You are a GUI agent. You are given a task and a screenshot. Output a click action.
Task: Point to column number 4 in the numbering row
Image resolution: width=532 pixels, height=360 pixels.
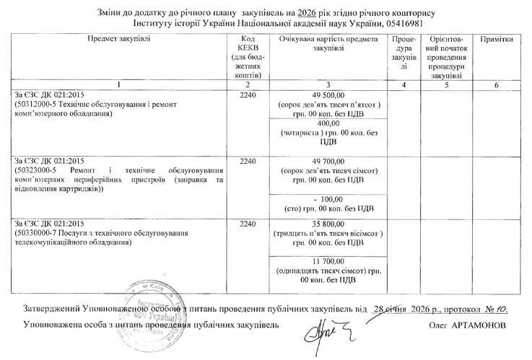404,85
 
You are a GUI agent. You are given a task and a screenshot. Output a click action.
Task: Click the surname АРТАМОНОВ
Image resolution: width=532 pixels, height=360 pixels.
479,325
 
